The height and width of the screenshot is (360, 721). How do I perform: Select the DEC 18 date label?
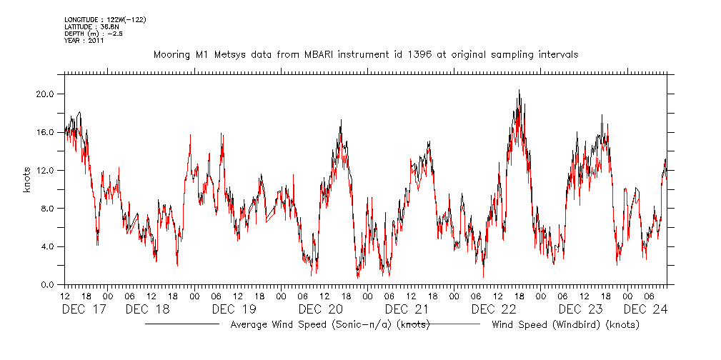click(x=147, y=309)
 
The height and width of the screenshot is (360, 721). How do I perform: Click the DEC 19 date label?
click(x=234, y=309)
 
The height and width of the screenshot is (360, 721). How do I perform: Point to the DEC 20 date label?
click(x=321, y=309)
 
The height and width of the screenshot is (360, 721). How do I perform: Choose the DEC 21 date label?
click(x=407, y=309)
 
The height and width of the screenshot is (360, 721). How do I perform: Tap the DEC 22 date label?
click(x=494, y=309)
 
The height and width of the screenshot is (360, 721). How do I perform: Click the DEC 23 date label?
click(x=580, y=309)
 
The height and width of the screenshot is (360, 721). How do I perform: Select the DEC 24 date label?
click(x=645, y=309)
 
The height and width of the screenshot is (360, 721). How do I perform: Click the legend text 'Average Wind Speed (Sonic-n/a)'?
click(x=311, y=325)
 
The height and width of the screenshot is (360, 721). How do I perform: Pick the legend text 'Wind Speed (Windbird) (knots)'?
click(x=565, y=325)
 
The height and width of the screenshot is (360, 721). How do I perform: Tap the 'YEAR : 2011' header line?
click(x=84, y=41)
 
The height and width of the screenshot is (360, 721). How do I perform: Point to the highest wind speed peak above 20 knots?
click(x=519, y=91)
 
